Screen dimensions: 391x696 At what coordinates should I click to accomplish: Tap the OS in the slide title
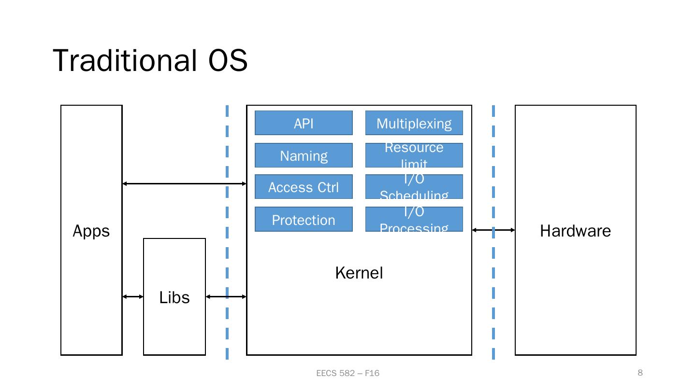pyautogui.click(x=228, y=61)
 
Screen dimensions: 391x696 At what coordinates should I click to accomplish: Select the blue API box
pyautogui.click(x=304, y=123)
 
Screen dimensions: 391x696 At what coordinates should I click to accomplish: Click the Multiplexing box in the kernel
pyautogui.click(x=414, y=123)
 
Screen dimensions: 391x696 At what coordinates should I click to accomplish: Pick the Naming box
pyautogui.click(x=304, y=155)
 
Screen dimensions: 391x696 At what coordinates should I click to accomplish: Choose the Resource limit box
pyautogui.click(x=414, y=155)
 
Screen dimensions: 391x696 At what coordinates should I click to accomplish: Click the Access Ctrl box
pyautogui.click(x=304, y=187)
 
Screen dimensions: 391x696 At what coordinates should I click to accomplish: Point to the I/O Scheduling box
pyautogui.click(x=414, y=187)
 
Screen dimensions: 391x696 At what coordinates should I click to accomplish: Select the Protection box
pyautogui.click(x=304, y=220)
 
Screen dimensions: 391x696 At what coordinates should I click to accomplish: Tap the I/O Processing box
pyautogui.click(x=414, y=220)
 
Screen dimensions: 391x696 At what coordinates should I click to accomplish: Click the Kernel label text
pyautogui.click(x=359, y=273)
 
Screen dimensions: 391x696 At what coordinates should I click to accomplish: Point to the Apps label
pyautogui.click(x=91, y=231)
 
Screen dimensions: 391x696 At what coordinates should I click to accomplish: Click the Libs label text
pyautogui.click(x=174, y=297)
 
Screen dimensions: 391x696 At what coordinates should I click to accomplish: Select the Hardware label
pyautogui.click(x=575, y=231)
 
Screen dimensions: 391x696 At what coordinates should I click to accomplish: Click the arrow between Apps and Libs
pyautogui.click(x=133, y=296)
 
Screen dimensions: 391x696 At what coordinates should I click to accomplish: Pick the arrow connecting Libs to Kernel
pyautogui.click(x=226, y=296)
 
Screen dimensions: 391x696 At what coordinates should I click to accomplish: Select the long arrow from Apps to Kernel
pyautogui.click(x=184, y=183)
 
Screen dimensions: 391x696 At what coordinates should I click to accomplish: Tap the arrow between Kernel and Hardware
pyautogui.click(x=493, y=230)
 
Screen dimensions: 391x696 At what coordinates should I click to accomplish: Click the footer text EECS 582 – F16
pyautogui.click(x=348, y=373)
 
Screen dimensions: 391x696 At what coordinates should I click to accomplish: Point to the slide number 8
pyautogui.click(x=640, y=372)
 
